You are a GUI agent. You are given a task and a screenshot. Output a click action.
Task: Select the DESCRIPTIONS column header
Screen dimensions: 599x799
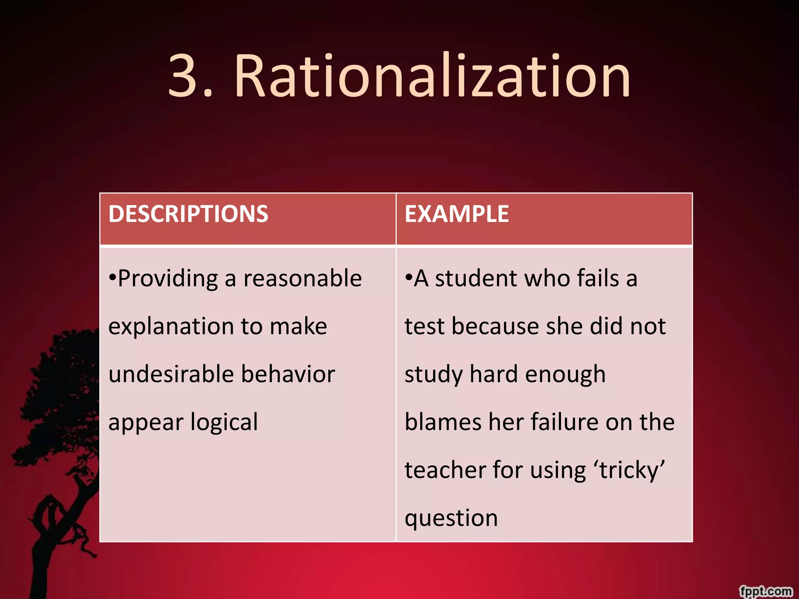[x=188, y=214]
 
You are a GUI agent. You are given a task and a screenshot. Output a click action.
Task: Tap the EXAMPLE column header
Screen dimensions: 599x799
[x=457, y=214]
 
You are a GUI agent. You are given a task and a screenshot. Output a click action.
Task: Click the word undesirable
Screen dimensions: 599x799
[x=170, y=374]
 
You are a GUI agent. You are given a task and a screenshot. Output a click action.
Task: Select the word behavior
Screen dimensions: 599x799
[x=288, y=374]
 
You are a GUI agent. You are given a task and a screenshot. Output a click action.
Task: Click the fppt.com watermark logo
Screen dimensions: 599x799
[x=766, y=591]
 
